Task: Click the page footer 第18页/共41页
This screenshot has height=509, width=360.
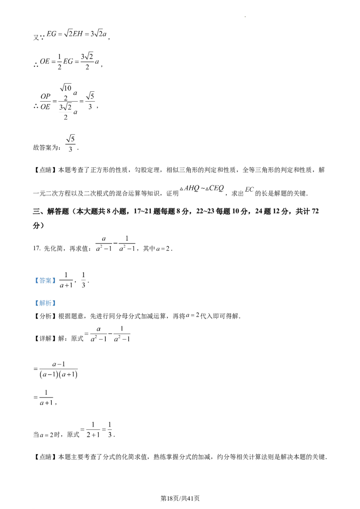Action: (180, 498)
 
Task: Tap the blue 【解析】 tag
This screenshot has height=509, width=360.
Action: (45, 303)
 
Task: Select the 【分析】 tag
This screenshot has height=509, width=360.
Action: (45, 316)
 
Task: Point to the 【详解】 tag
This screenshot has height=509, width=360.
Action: (45, 339)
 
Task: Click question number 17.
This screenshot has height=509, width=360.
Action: (37, 249)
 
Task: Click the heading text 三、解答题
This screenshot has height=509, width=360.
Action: (51, 212)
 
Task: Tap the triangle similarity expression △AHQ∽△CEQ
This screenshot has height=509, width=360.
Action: (202, 188)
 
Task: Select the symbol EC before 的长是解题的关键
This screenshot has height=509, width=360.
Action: (249, 190)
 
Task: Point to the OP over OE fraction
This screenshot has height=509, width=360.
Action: (45, 102)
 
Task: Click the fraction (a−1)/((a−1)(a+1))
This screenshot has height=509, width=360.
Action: (58, 370)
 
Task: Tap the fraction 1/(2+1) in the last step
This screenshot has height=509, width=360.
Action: (93, 429)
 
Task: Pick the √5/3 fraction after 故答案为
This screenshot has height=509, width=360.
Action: (71, 143)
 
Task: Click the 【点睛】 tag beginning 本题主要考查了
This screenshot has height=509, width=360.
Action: (45, 457)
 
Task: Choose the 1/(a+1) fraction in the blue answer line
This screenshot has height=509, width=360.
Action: (66, 280)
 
